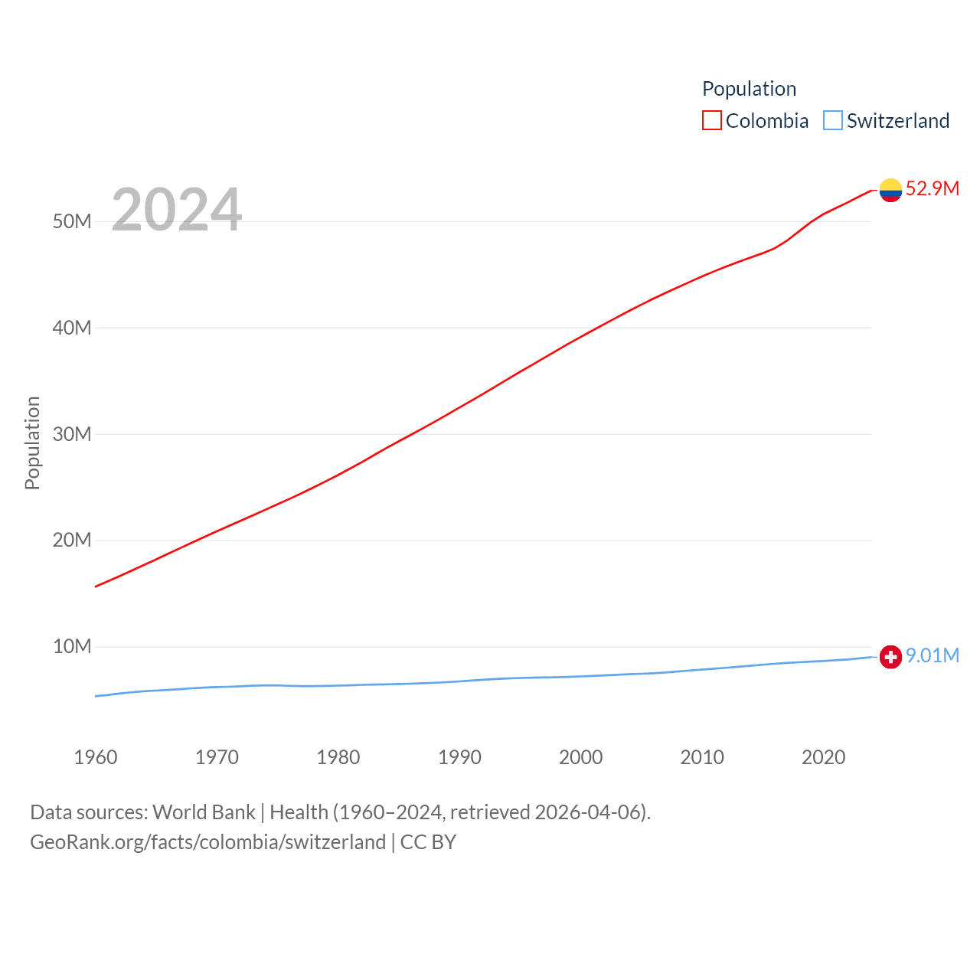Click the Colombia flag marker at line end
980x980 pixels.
tap(890, 190)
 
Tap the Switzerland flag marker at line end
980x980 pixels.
tap(890, 657)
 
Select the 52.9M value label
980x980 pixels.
tap(932, 189)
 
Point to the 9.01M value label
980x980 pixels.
tap(932, 656)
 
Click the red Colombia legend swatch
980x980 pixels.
tap(712, 121)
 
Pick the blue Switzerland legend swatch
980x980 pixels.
tap(833, 121)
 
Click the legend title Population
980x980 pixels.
tap(749, 89)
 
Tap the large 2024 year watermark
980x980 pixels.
tap(177, 210)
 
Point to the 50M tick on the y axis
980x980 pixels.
tap(72, 222)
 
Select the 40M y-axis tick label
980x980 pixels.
tap(72, 328)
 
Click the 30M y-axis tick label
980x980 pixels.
tap(72, 435)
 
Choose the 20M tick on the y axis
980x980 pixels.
tap(72, 541)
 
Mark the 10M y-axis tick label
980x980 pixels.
tap(72, 647)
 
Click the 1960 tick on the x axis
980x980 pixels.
tap(96, 758)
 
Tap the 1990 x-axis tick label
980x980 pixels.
tap(459, 758)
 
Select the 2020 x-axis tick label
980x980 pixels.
tap(823, 758)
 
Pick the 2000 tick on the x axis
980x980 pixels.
tap(581, 758)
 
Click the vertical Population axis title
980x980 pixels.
tap(32, 443)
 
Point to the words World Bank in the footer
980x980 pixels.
tap(204, 812)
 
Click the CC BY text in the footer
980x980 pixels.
tap(428, 842)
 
